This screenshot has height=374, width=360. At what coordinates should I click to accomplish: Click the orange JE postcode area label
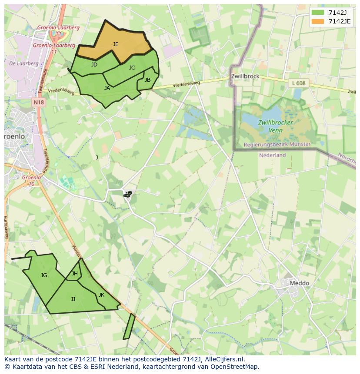click(x=116, y=44)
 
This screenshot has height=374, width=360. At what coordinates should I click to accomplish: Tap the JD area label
click(x=94, y=65)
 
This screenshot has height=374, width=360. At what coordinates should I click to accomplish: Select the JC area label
click(x=132, y=67)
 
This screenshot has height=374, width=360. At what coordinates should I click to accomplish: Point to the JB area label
click(x=147, y=80)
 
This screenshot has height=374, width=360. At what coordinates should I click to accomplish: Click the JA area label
click(x=107, y=88)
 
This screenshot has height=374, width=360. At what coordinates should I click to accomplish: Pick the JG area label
click(x=44, y=275)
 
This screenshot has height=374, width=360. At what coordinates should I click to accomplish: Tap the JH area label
click(x=75, y=274)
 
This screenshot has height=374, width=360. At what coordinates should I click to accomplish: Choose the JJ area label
click(x=73, y=299)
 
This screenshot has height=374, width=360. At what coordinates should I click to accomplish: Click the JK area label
click(x=101, y=295)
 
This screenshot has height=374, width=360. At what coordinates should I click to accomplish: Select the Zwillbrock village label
click(x=245, y=76)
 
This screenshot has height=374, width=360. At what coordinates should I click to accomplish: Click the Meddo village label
click(x=300, y=283)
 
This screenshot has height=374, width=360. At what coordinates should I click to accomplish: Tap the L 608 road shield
click(x=299, y=83)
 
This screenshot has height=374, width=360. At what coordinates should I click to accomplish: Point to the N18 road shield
click(x=39, y=103)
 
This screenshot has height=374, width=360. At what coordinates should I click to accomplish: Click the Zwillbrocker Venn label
click(x=275, y=126)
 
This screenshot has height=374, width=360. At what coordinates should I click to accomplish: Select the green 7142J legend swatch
click(x=318, y=13)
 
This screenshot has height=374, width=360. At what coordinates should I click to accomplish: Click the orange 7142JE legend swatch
click(x=318, y=21)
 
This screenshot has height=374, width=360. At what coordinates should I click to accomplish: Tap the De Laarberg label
click(x=23, y=63)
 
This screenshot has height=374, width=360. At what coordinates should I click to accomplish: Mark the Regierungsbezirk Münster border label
click(x=277, y=144)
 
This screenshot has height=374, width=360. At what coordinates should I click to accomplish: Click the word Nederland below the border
click(x=272, y=155)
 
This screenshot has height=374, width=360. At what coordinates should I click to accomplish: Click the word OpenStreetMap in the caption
click(x=235, y=367)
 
